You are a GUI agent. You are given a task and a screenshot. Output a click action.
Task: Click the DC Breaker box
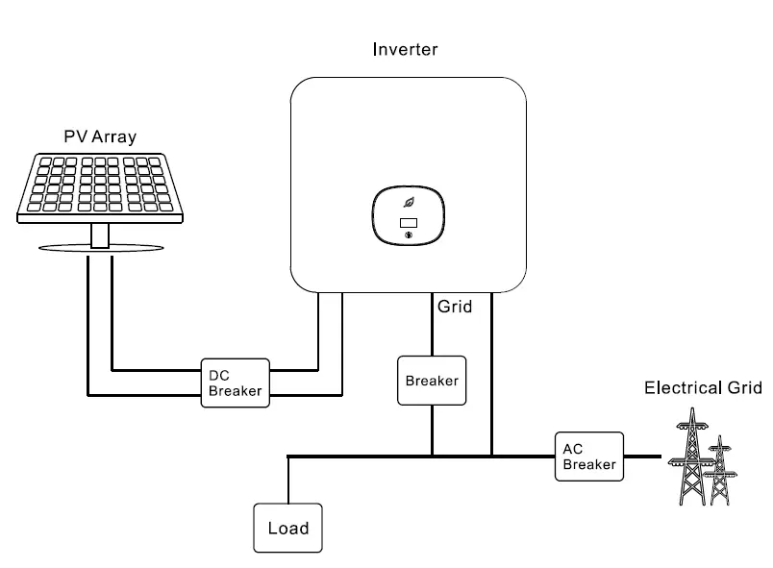pyautogui.click(x=235, y=383)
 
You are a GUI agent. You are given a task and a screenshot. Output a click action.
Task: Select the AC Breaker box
pyautogui.click(x=588, y=456)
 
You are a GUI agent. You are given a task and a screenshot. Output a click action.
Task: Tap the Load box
pyautogui.click(x=287, y=528)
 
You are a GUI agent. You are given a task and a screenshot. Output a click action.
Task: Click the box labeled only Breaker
pyautogui.click(x=432, y=381)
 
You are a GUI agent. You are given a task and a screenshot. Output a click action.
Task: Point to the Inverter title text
pyautogui.click(x=405, y=49)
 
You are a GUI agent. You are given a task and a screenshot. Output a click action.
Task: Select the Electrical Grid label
pyautogui.click(x=702, y=388)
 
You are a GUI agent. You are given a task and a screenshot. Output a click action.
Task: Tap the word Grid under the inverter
pyautogui.click(x=456, y=309)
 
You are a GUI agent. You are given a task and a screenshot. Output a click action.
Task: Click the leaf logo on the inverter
pyautogui.click(x=409, y=203)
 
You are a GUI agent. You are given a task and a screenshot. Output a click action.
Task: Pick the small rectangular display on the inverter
pyautogui.click(x=408, y=225)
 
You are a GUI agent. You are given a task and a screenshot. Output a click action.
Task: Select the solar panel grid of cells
pyautogui.click(x=100, y=185)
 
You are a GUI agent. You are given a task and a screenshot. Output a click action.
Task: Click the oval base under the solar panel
pyautogui.click(x=100, y=249)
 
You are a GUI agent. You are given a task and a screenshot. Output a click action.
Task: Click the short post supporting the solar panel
pyautogui.click(x=100, y=235)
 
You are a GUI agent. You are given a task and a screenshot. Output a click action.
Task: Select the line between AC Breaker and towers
pyautogui.click(x=642, y=456)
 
